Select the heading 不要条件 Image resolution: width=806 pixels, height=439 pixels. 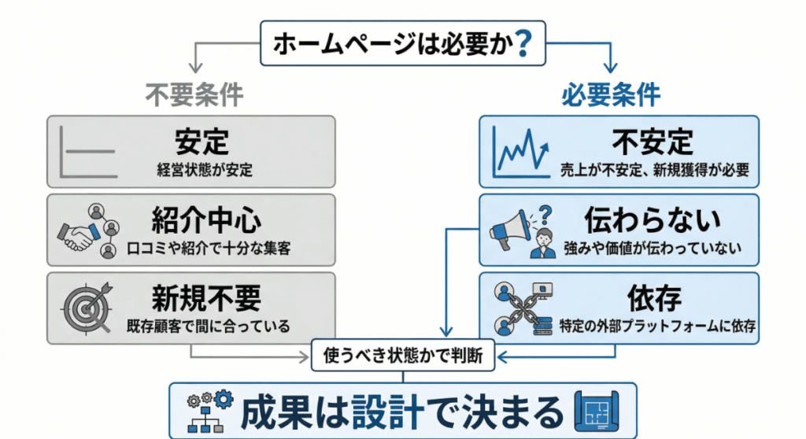coord(194,94)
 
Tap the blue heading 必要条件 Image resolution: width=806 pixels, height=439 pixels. coord(610,94)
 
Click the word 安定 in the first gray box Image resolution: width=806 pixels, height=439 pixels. coord(201,142)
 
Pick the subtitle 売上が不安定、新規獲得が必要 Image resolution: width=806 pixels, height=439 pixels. coord(653,168)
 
